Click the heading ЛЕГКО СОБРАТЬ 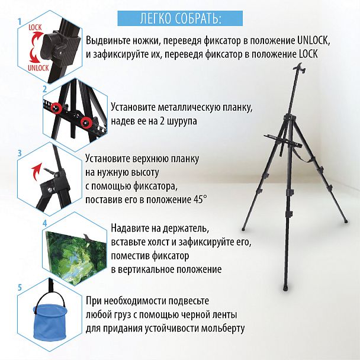click(x=180, y=18)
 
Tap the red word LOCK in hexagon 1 click(x=35, y=28)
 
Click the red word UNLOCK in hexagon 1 click(x=38, y=67)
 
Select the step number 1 click(x=20, y=22)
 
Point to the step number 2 click(x=45, y=89)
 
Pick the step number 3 click(x=20, y=153)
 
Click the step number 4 click(x=45, y=223)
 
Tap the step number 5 click(x=20, y=287)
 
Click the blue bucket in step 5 click(x=50, y=322)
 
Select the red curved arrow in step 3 click(x=36, y=171)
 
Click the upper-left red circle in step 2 click(x=56, y=107)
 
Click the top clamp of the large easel click(x=300, y=68)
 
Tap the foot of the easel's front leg click(x=285, y=288)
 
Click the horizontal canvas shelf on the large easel click(x=283, y=141)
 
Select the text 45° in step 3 click(x=199, y=200)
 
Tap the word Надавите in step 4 click(x=129, y=228)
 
